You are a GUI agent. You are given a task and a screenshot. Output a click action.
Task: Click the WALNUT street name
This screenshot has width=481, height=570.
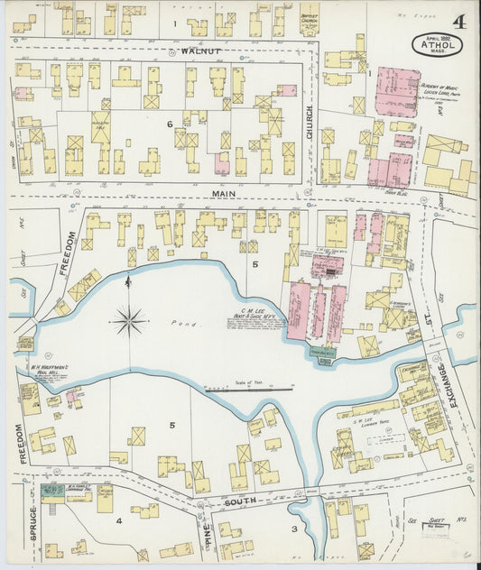point(200,51)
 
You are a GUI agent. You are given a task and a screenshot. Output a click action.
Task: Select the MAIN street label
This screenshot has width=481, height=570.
point(224,193)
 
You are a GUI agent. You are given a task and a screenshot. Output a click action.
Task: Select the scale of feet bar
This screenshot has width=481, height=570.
point(248,390)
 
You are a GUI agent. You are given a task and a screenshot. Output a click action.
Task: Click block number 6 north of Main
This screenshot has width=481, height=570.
point(169,124)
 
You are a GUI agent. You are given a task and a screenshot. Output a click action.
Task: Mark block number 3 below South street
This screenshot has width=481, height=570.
point(293,528)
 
